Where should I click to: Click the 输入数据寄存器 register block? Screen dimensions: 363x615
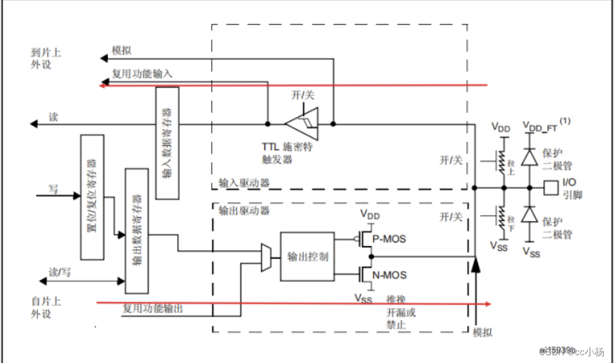click(x=167, y=142)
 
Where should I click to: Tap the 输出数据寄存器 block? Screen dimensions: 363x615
click(x=136, y=230)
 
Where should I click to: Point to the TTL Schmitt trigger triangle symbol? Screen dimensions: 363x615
click(x=303, y=124)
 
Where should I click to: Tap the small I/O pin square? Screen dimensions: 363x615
click(x=551, y=188)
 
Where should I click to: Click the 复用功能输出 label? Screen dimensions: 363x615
click(x=153, y=308)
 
